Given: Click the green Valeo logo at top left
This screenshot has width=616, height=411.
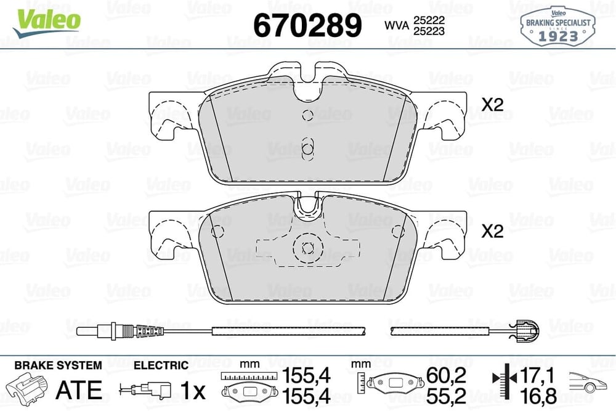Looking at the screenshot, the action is [x=46, y=23].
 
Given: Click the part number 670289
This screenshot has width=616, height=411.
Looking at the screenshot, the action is [x=307, y=25].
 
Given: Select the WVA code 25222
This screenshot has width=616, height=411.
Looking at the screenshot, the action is [x=429, y=20].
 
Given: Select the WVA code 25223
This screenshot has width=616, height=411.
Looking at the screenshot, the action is [x=429, y=31].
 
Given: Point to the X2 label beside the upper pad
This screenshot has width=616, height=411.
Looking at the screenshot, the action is [x=493, y=105].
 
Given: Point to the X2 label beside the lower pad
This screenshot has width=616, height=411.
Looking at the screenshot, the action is [x=493, y=231].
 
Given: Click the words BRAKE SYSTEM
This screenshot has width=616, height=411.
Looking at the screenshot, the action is [x=58, y=365].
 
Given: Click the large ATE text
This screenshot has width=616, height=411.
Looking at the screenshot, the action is [x=79, y=390].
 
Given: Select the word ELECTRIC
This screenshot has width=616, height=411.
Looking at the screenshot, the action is [x=161, y=365].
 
